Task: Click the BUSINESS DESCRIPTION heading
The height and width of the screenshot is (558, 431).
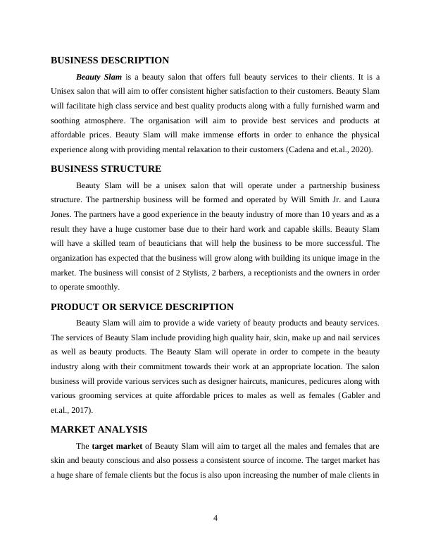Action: coord(110,61)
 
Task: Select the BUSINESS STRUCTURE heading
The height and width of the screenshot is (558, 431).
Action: coord(106,169)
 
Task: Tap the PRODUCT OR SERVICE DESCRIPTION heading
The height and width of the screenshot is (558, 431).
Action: coord(142,307)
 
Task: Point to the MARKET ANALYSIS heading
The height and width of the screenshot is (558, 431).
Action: coord(99,429)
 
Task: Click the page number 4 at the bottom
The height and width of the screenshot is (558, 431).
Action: coord(216,519)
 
